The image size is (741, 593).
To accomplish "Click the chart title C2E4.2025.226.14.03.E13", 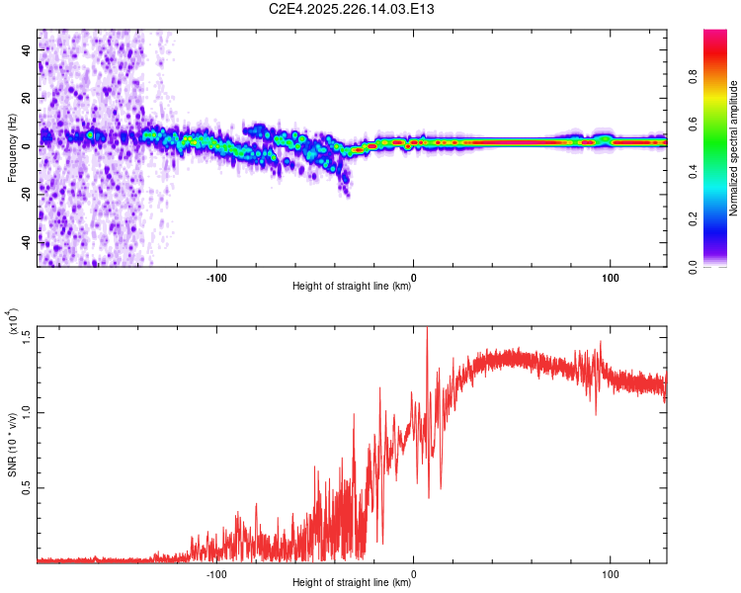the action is tap(351, 9).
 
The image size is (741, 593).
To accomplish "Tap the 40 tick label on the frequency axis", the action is tap(27, 49).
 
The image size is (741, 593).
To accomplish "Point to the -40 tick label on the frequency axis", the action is tap(27, 243).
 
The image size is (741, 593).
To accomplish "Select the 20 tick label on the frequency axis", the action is tap(27, 98).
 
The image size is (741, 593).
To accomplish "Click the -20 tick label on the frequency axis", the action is tap(27, 195).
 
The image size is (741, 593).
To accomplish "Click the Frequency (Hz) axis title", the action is tap(12, 148).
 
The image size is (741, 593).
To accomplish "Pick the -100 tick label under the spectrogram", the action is tap(216, 278).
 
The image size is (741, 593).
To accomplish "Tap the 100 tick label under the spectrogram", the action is tap(611, 278).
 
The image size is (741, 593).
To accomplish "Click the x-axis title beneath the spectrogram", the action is tap(352, 286).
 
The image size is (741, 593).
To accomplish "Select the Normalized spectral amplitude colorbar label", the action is tap(733, 148).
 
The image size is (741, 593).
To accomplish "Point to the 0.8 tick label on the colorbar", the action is tap(693, 77).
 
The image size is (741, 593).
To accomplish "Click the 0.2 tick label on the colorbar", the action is tap(693, 219).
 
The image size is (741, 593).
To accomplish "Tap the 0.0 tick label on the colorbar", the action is tap(693, 267).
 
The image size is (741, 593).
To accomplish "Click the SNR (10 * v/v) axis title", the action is tap(12, 445).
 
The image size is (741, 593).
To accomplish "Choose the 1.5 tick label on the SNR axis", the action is tap(27, 338).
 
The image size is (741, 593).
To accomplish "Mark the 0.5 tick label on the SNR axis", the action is tap(27, 487).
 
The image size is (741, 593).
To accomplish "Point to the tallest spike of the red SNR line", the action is tap(427, 328).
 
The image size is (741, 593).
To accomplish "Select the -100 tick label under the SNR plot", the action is tap(216, 574).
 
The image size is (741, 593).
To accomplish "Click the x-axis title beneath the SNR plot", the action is tap(352, 582).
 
